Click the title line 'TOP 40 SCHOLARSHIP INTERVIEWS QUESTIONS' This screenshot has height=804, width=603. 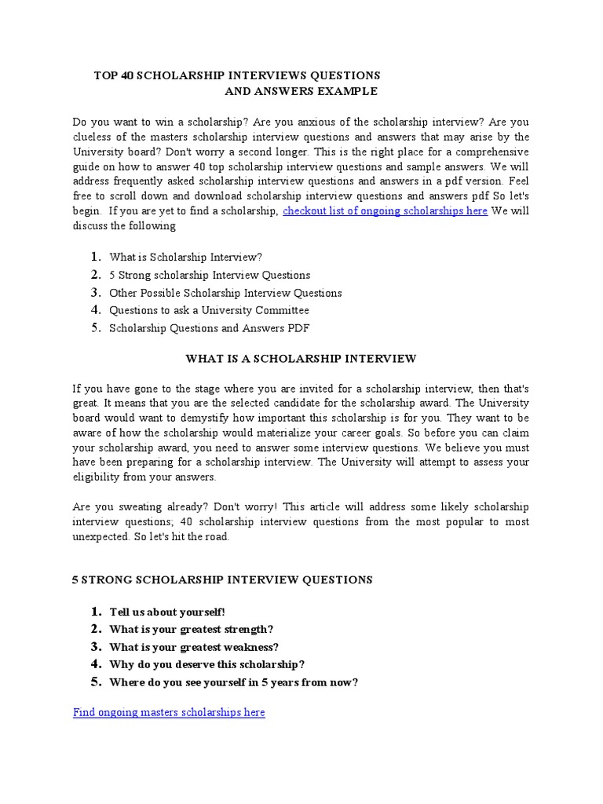[237, 75]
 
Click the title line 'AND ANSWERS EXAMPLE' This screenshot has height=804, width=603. [301, 92]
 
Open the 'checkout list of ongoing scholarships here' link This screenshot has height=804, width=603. [385, 210]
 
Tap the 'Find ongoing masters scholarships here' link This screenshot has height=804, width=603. [169, 712]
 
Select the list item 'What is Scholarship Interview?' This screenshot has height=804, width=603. [185, 257]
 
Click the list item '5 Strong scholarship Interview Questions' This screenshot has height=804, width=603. [210, 275]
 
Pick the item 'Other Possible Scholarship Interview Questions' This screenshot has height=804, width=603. [225, 293]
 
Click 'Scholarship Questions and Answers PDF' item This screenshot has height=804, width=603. [203, 328]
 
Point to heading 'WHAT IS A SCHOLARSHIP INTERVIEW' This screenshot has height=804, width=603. [301, 359]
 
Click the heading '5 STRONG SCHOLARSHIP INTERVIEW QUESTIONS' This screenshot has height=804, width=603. [222, 580]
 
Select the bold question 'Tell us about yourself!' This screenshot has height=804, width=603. [167, 612]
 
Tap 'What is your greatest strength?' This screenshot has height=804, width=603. [192, 629]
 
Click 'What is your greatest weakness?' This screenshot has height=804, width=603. [194, 647]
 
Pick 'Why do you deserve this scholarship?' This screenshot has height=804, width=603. [207, 664]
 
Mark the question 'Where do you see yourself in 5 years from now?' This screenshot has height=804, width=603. [234, 682]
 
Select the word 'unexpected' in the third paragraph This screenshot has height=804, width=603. [101, 537]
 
